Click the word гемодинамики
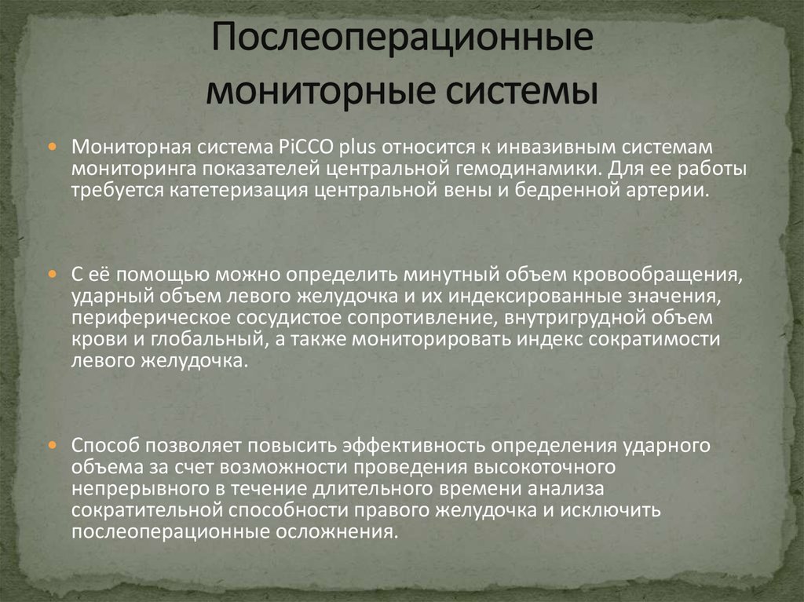[x=522, y=169]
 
